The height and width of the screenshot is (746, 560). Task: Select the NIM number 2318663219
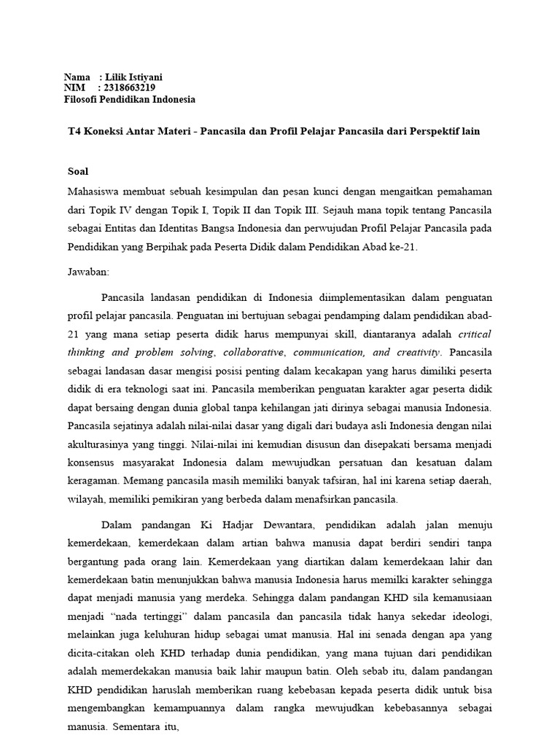point(131,88)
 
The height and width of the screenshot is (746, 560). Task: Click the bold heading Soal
point(76,171)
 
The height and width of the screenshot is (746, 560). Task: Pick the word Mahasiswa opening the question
point(92,191)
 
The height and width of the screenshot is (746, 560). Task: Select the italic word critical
point(475,334)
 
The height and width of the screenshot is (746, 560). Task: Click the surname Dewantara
point(280,524)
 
